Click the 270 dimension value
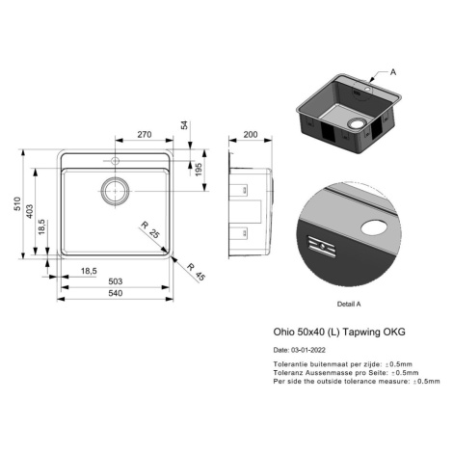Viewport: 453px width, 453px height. click(145, 134)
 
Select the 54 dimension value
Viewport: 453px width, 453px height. click(185, 125)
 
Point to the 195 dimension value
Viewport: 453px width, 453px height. click(199, 170)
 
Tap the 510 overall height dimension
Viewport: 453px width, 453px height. click(17, 204)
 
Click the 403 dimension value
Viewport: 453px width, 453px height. click(29, 211)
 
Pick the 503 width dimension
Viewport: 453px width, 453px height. click(116, 281)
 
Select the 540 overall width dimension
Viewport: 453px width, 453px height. click(116, 293)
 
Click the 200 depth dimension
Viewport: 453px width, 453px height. click(251, 134)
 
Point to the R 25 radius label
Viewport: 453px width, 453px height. click(150, 230)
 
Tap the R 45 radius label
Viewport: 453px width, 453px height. click(196, 272)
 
